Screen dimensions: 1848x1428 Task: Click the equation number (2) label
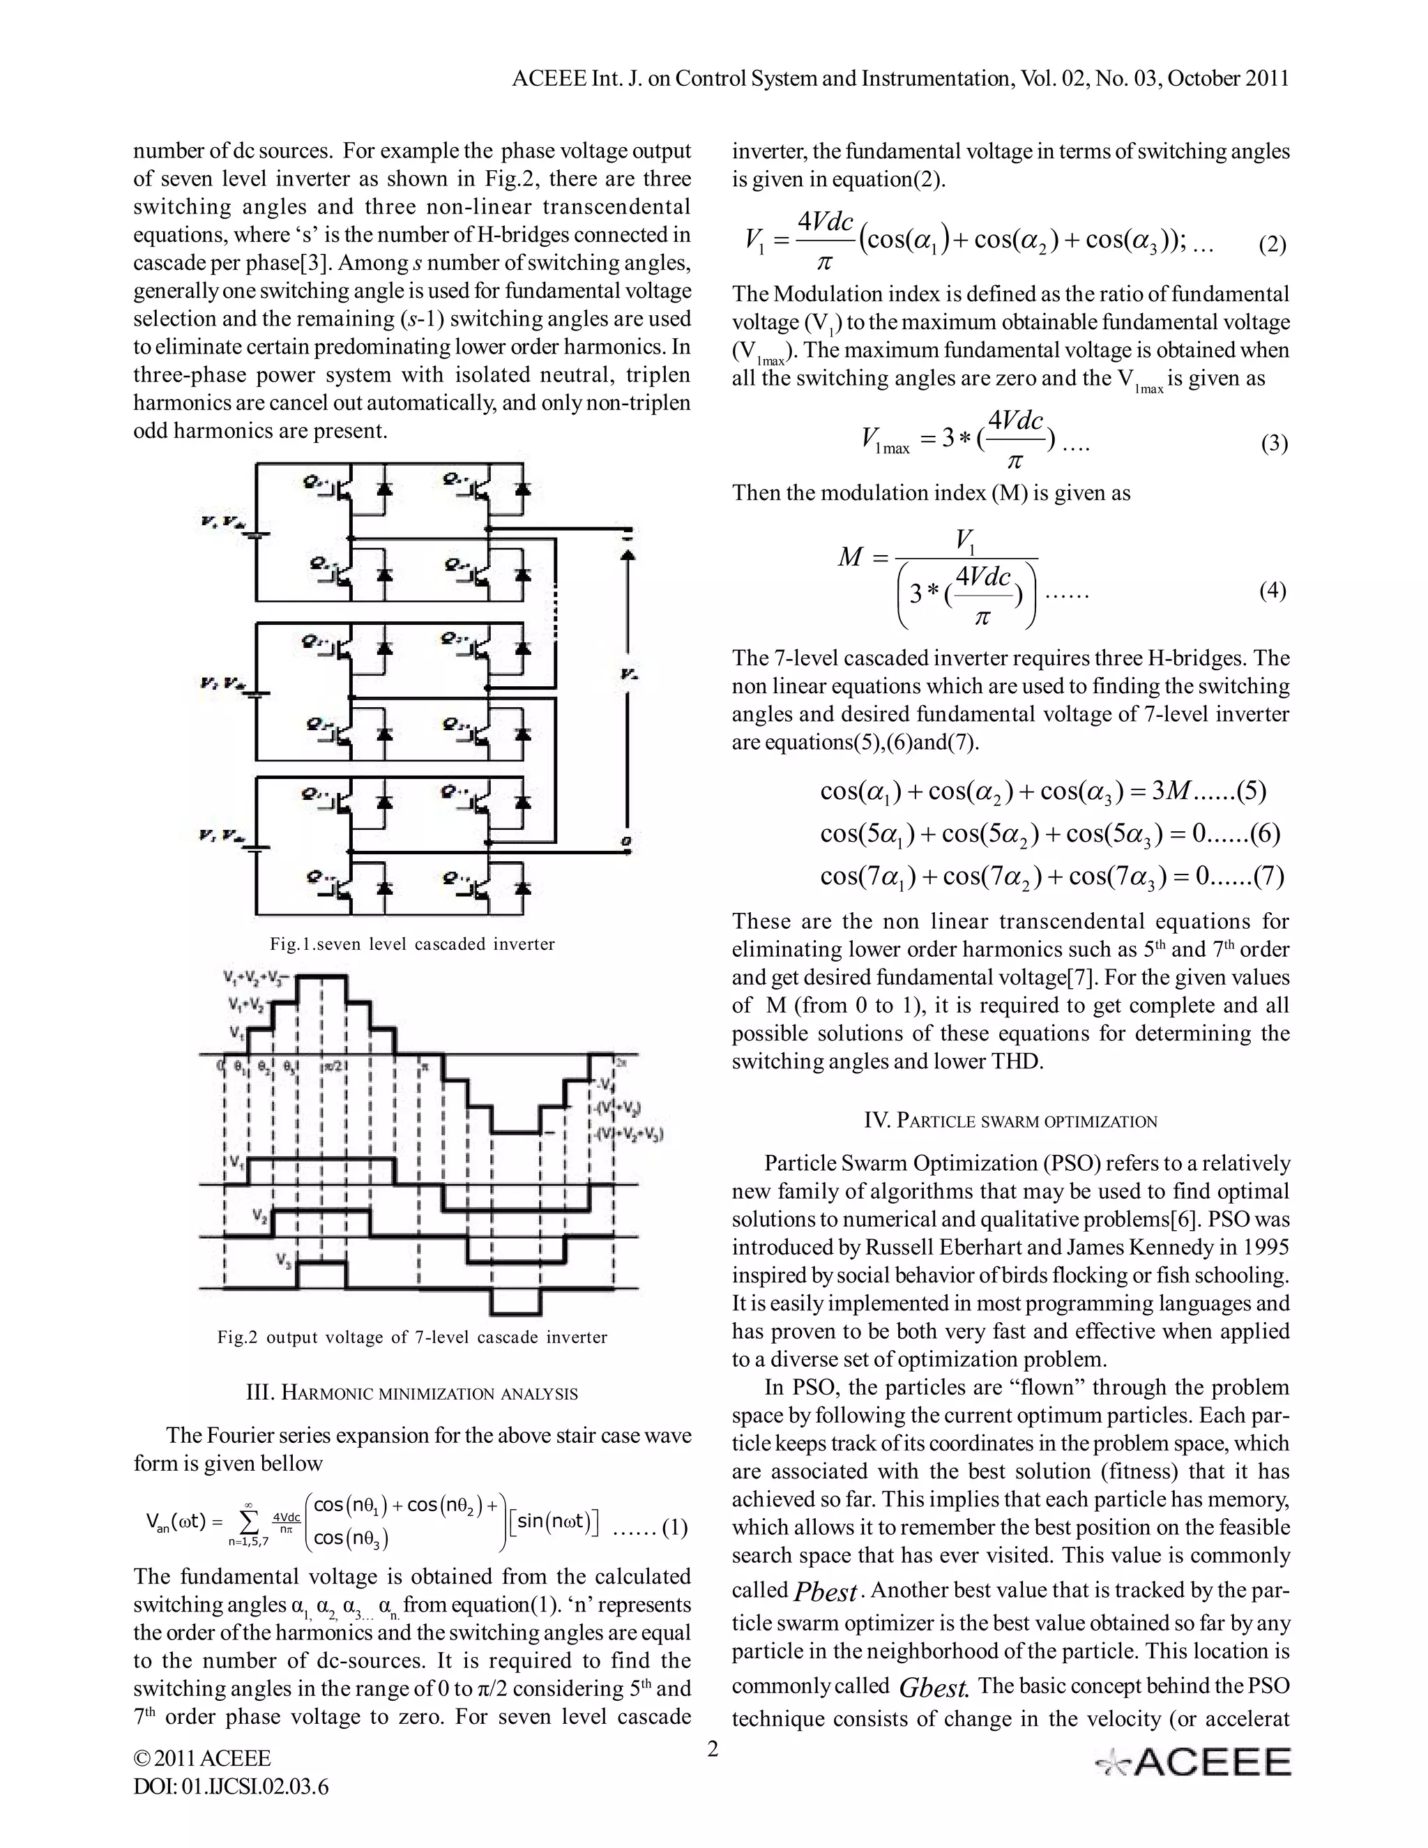click(x=1273, y=245)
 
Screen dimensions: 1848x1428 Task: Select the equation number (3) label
click(x=1274, y=444)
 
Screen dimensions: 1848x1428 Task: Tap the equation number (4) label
click(x=1273, y=591)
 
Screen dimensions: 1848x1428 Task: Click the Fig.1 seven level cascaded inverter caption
click(x=412, y=944)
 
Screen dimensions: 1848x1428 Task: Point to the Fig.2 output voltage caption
click(x=412, y=1337)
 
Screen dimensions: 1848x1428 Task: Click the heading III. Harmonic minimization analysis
click(x=412, y=1393)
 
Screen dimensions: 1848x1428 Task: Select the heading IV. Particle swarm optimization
click(x=1010, y=1121)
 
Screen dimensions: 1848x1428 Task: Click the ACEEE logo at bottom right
click(x=1193, y=1762)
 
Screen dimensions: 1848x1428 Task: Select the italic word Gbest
click(x=933, y=1689)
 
